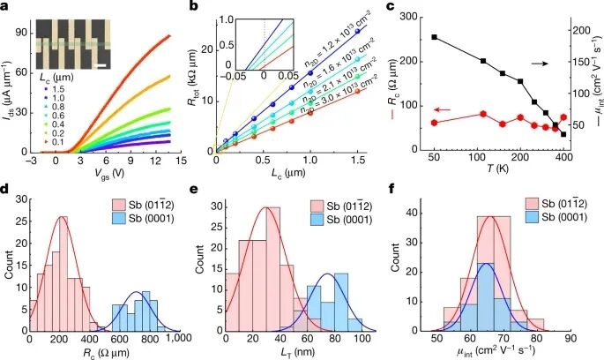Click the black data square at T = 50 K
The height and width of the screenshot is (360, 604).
tap(435, 37)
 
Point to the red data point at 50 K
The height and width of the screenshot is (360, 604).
tap(435, 123)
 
